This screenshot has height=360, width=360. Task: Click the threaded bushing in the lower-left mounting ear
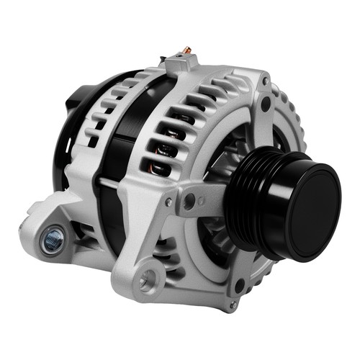52,240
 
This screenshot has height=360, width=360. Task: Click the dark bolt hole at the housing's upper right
266,105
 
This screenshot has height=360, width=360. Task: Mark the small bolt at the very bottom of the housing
232,305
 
